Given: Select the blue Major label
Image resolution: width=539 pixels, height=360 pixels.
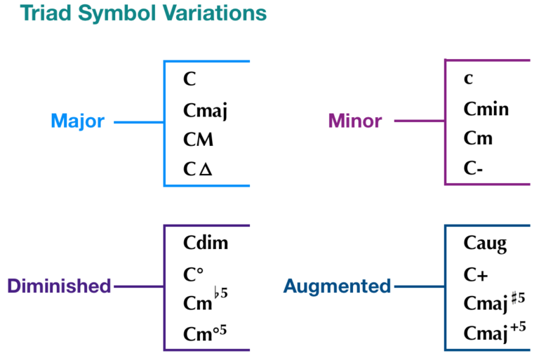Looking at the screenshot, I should point(77,121).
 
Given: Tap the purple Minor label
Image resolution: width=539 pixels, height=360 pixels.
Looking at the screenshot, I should point(355,121).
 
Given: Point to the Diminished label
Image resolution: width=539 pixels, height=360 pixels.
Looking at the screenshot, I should point(60,286).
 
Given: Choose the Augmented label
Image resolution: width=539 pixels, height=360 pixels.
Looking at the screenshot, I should point(337,286).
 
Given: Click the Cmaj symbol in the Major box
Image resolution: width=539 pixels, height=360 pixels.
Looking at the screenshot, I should point(206,110).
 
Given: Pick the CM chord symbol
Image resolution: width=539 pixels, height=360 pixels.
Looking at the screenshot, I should point(198,140).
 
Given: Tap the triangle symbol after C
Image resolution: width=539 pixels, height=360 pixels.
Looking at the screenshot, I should point(206,170).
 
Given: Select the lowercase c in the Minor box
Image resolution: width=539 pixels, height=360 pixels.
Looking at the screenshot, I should point(468,79).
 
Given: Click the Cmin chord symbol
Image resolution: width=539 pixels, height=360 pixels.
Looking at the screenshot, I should point(486,109).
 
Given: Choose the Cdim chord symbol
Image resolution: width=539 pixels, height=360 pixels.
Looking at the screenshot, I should point(206,244).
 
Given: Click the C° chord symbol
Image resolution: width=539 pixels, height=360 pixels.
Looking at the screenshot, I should point(194,274).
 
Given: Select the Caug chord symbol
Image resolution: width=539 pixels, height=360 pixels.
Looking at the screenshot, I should point(485,244).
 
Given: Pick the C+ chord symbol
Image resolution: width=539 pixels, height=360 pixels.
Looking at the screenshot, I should point(476,274).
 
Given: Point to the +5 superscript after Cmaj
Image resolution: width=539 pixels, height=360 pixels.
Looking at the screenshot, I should point(519,327).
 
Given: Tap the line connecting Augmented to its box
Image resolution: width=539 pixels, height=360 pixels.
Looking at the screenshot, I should point(419,286).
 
